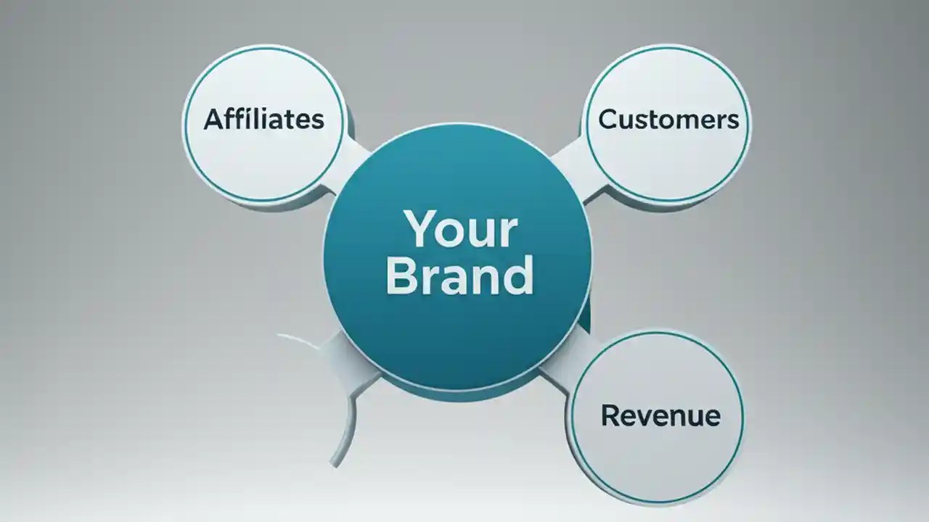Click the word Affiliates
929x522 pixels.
point(263,119)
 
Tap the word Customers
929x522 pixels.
point(668,120)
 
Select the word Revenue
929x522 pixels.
point(660,415)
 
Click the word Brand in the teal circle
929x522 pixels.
point(459,275)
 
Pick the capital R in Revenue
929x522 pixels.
point(610,415)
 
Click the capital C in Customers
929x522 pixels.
point(608,120)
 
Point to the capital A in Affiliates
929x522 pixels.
point(213,119)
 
